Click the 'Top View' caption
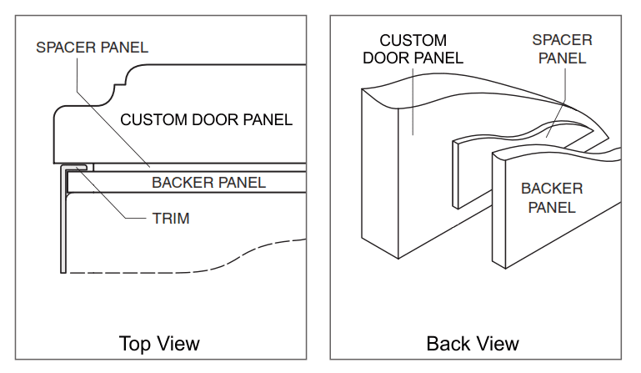coord(159,343)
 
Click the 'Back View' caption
coord(473,343)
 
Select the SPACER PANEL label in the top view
coord(92,47)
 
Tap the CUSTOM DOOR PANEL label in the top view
coord(207,119)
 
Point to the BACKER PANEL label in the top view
coord(208,182)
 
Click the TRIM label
coord(170,219)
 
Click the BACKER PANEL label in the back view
coord(551,197)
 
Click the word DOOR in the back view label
coord(400,58)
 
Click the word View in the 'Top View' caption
coord(179,343)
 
